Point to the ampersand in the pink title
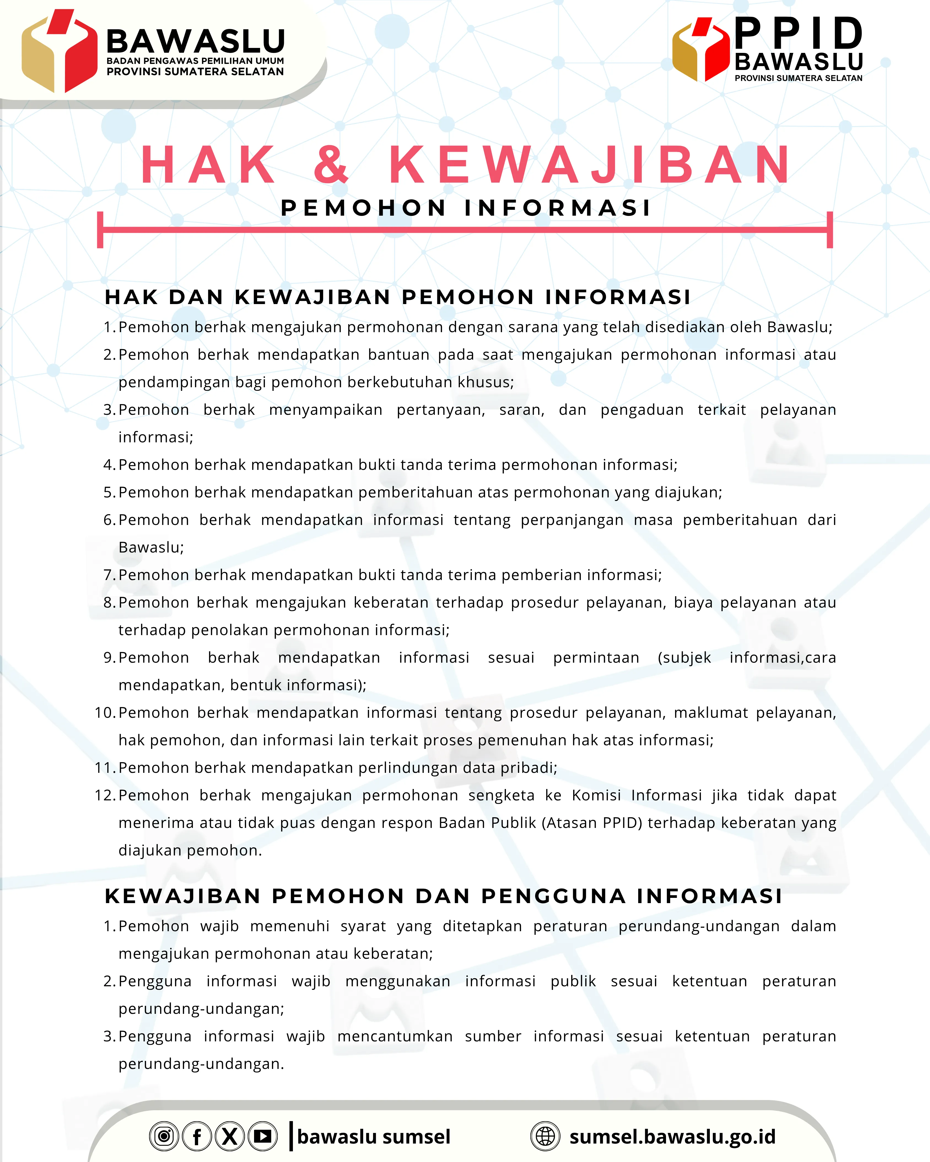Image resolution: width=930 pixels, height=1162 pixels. pos(331,164)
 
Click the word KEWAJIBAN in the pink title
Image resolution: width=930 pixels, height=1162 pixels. pos(590,164)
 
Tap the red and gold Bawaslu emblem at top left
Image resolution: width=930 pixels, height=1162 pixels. pos(59,51)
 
